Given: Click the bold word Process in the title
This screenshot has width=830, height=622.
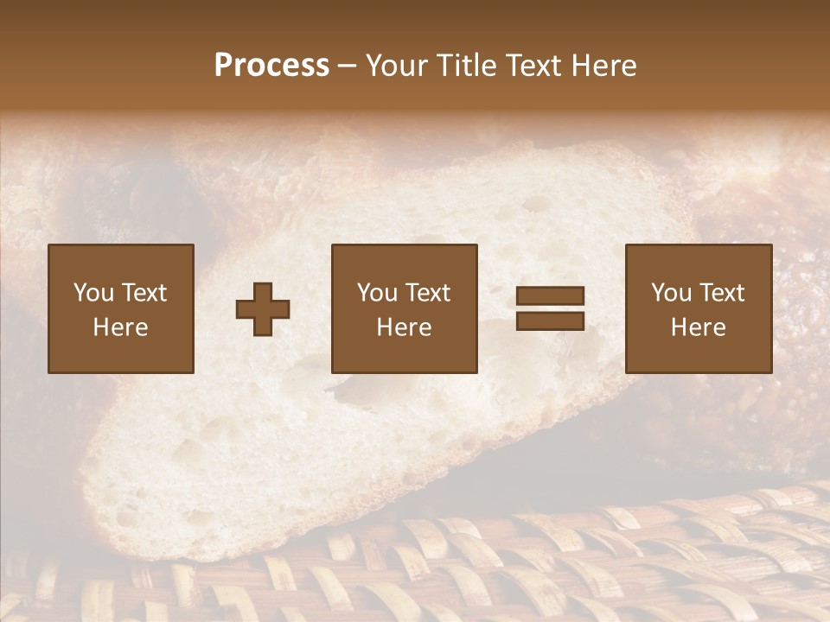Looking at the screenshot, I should point(271,65).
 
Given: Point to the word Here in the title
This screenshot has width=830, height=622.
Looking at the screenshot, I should point(602,65).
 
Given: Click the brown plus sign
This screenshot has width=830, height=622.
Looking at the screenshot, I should point(263,308).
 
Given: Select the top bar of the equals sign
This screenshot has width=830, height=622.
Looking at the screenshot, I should point(550,296).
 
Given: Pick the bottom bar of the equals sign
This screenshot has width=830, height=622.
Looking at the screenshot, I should point(550,321).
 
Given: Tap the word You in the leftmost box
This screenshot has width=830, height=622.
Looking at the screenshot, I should point(93,293).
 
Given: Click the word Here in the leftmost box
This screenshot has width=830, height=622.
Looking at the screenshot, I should point(120,327).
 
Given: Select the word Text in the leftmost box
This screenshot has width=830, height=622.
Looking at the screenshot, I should point(144,293).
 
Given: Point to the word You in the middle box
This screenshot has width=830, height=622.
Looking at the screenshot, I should point(377,293).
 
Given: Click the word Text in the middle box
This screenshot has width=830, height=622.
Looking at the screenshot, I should point(427,293).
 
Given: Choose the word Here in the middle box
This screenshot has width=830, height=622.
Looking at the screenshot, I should point(404,327).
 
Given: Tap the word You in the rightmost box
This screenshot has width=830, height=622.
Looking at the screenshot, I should point(671,293).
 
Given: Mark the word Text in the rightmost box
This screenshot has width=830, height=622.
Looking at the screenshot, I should point(721,293).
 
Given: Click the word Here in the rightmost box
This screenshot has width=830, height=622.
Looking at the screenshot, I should point(698,327).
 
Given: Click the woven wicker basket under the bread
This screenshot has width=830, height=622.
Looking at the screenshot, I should point(519,562).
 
